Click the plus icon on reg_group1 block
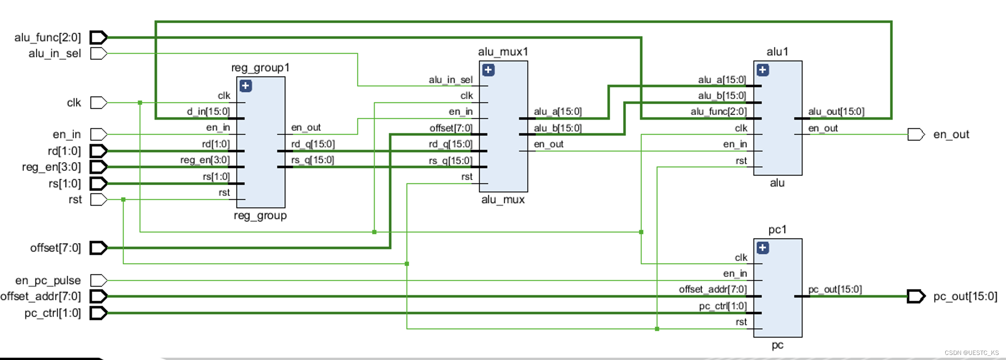[246, 86]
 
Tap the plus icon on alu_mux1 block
[488, 70]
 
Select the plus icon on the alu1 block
[763, 70]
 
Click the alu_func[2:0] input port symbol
[98, 37]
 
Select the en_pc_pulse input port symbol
[98, 280]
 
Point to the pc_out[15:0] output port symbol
[916, 296]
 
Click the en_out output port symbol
[916, 134]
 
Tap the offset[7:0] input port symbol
[98, 248]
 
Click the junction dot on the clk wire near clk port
[140, 103]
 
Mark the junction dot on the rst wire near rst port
[123, 199]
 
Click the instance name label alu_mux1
[503, 52]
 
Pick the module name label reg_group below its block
[260, 215]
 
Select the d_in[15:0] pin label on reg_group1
[208, 111]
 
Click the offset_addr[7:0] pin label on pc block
[712, 289]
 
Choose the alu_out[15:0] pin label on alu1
[836, 111]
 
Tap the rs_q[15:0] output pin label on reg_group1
[312, 160]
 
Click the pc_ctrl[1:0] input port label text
[52, 313]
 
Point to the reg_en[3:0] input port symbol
[98, 167]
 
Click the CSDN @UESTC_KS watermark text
[971, 353]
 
